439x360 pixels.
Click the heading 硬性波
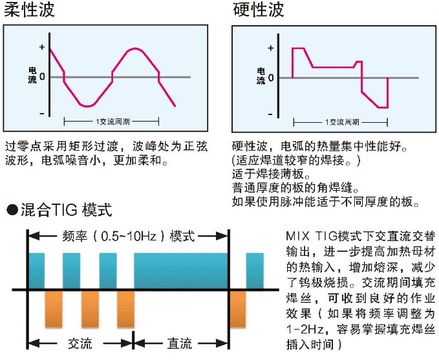258,10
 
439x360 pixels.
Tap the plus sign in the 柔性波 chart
42,48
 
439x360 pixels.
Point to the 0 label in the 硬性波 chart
270,78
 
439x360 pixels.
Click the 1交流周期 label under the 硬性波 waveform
341,122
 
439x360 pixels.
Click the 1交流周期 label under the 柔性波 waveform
112,122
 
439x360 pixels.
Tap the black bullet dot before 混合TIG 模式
11,210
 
